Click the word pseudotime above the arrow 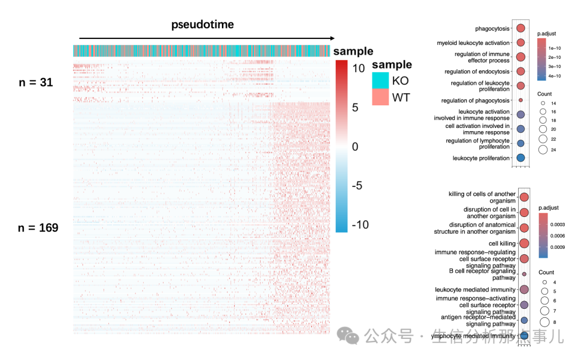click(202, 25)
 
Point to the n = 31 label click(36, 83)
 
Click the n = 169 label click(38, 228)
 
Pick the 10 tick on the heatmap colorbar click(359, 69)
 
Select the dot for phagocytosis click(521, 29)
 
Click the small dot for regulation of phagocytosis click(520, 100)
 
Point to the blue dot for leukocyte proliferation click(520, 158)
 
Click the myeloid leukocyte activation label click(473, 43)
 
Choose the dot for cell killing click(524, 243)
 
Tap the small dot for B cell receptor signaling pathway click(524, 275)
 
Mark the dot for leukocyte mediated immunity click(524, 290)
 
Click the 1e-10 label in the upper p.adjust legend click(553, 47)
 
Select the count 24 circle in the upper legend click(543, 150)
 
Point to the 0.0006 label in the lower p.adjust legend click(557, 236)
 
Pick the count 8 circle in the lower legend click(545, 322)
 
